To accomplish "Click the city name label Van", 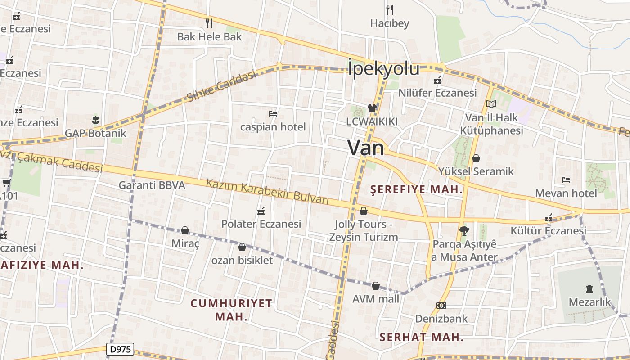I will click(x=366, y=148).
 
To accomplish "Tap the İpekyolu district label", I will click(x=384, y=69).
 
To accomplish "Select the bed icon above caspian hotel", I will click(x=273, y=114).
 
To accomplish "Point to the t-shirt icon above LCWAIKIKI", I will click(x=372, y=108).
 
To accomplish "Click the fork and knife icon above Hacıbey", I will click(x=390, y=9).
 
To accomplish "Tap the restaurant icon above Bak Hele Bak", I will click(x=209, y=23).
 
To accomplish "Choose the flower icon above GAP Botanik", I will click(x=95, y=120).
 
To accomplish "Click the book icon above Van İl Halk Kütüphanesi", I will click(x=491, y=104).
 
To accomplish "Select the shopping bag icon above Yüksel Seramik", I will click(x=476, y=158).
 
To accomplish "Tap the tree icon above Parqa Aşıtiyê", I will click(x=464, y=231).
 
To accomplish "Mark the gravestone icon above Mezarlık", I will click(x=589, y=288).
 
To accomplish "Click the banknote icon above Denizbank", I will click(x=441, y=306).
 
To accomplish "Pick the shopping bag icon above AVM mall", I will click(x=376, y=286).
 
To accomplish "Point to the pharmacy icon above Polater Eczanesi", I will click(x=261, y=211).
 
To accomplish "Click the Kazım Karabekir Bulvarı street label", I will click(x=268, y=192).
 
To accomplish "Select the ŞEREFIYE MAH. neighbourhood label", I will click(x=416, y=189).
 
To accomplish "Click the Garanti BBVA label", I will click(x=152, y=185).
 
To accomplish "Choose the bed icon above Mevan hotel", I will click(x=566, y=180).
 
